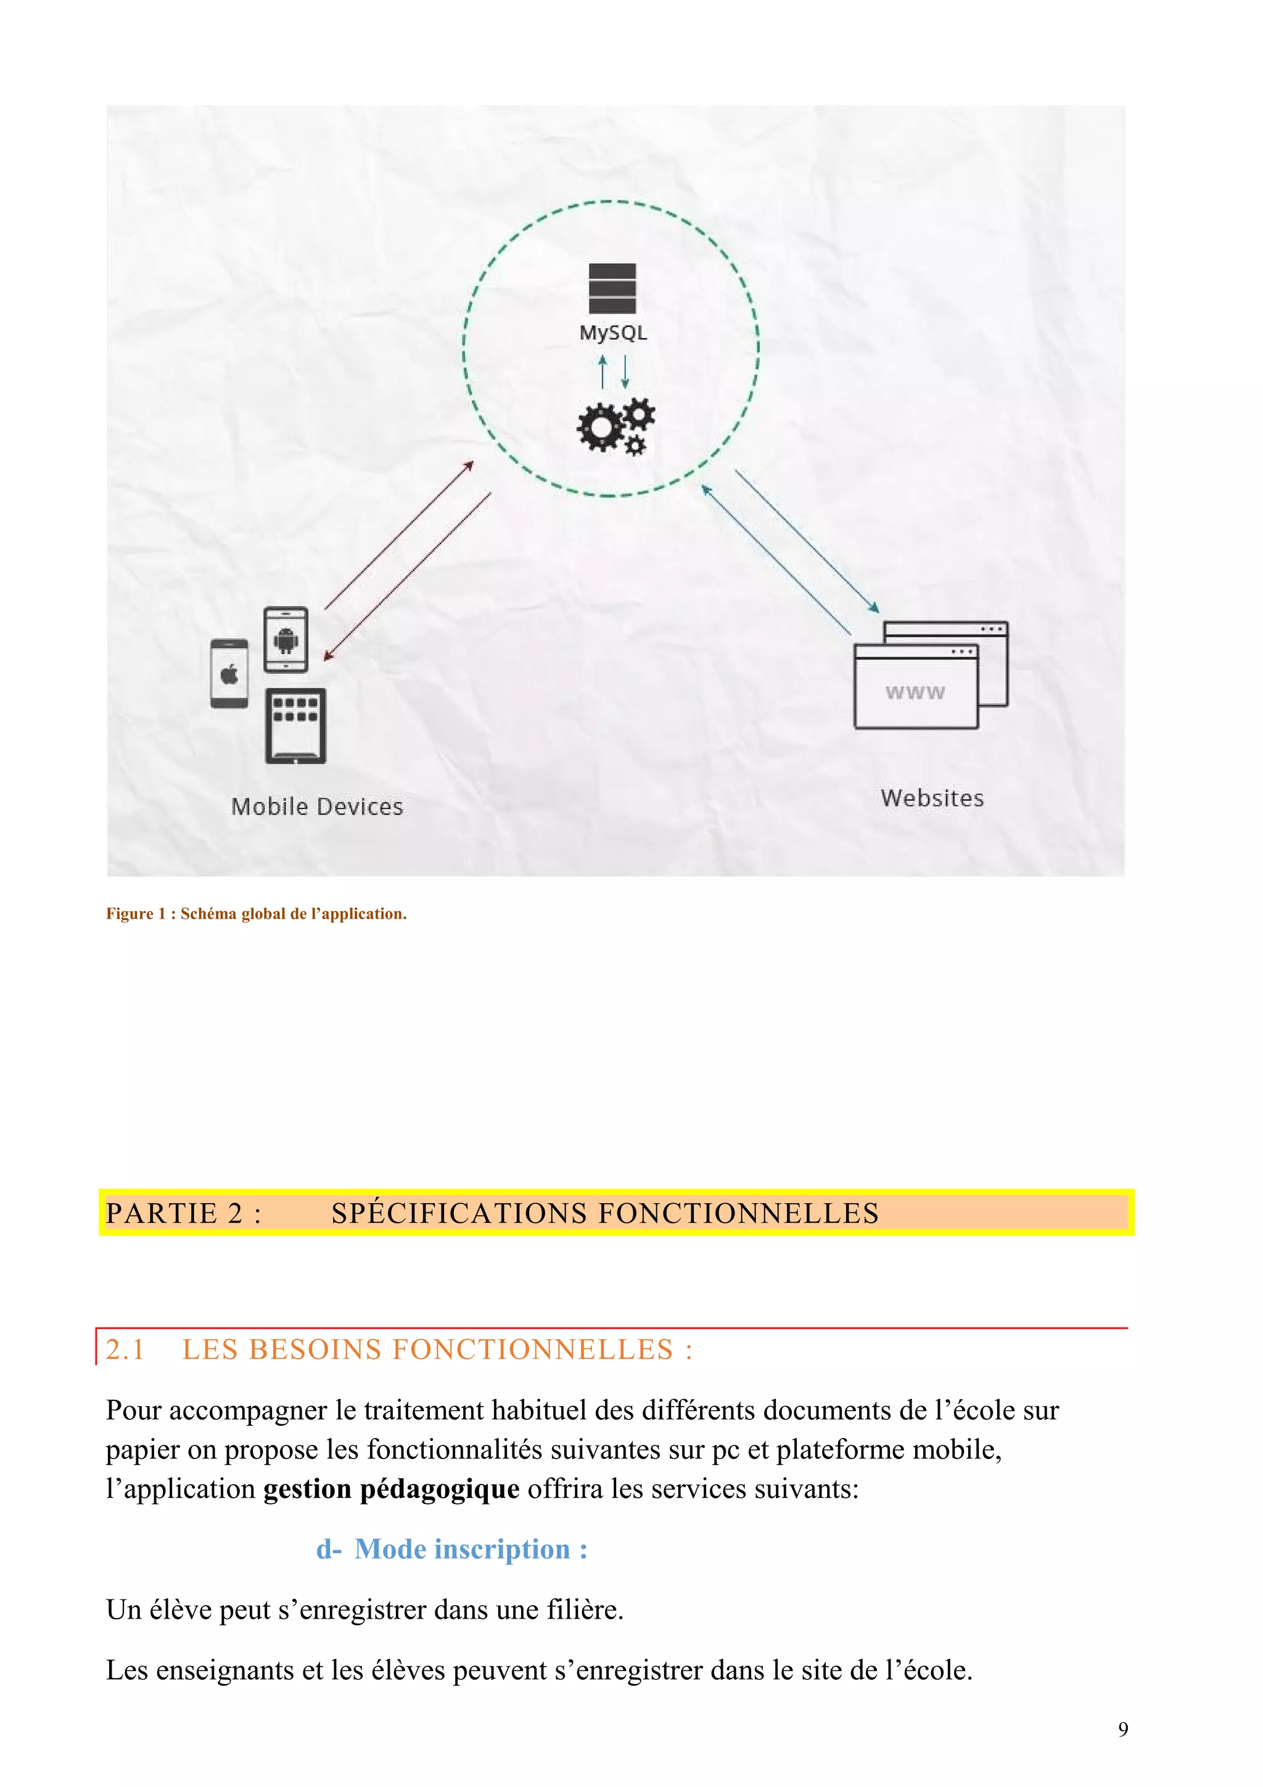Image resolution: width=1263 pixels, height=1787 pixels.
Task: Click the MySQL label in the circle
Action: pyautogui.click(x=612, y=333)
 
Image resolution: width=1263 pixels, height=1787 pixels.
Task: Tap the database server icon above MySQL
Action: pyautogui.click(x=612, y=289)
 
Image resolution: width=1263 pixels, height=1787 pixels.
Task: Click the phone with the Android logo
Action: pyautogui.click(x=286, y=640)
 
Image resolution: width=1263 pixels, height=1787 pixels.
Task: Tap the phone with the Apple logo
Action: pyautogui.click(x=229, y=673)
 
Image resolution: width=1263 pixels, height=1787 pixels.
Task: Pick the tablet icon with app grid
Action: pyautogui.click(x=296, y=725)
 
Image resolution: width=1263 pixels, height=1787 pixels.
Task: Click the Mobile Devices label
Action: pyautogui.click(x=317, y=807)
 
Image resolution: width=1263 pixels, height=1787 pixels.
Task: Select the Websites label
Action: pyautogui.click(x=931, y=798)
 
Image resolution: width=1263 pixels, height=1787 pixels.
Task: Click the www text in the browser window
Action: pyautogui.click(x=915, y=692)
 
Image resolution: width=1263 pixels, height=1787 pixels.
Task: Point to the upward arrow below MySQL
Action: pyautogui.click(x=601, y=372)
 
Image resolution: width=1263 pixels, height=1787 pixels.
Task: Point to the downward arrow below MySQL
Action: pyautogui.click(x=624, y=372)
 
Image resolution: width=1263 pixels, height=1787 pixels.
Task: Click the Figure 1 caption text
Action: pyautogui.click(x=256, y=914)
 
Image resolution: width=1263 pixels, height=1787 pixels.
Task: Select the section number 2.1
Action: pyautogui.click(x=125, y=1350)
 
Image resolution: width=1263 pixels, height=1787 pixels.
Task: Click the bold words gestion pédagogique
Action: pyautogui.click(x=390, y=1489)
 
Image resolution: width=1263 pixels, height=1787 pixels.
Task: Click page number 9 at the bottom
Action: pyautogui.click(x=1122, y=1730)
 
